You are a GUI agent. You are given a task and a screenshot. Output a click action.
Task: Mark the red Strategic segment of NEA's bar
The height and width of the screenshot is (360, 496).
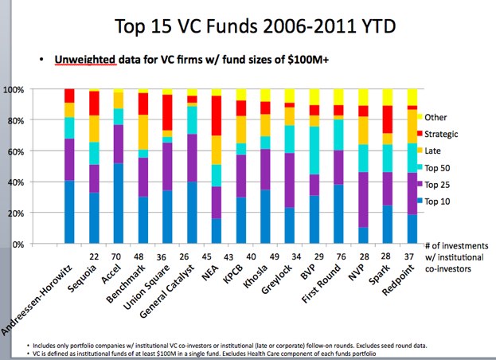point(238,115)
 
